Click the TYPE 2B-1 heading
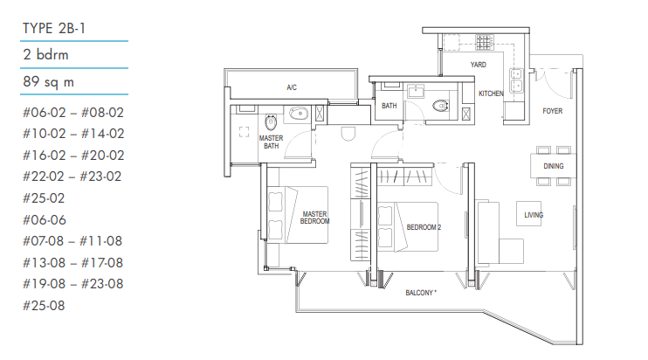[54, 28]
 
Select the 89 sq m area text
[48, 81]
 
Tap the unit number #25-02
[44, 198]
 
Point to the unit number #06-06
[45, 220]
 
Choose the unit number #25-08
[44, 306]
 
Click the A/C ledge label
[292, 87]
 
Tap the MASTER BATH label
[271, 142]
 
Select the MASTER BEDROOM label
[315, 218]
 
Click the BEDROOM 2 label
[424, 227]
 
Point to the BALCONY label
[421, 293]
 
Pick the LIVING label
[534, 215]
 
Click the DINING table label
[554, 166]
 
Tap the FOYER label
[553, 111]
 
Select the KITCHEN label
[491, 93]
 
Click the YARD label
[479, 65]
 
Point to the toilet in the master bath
[271, 122]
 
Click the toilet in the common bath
[441, 106]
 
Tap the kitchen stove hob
[485, 42]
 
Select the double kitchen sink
[516, 80]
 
